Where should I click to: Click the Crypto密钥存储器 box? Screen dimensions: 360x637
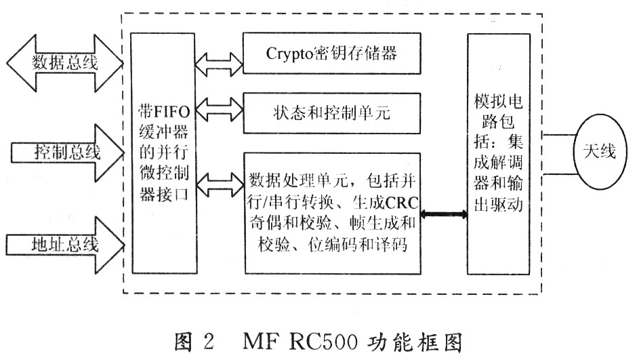click(x=331, y=53)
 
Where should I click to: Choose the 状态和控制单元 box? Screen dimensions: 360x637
click(x=331, y=111)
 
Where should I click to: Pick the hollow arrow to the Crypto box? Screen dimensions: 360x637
click(x=218, y=63)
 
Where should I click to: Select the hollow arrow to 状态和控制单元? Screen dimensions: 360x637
click(x=218, y=111)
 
